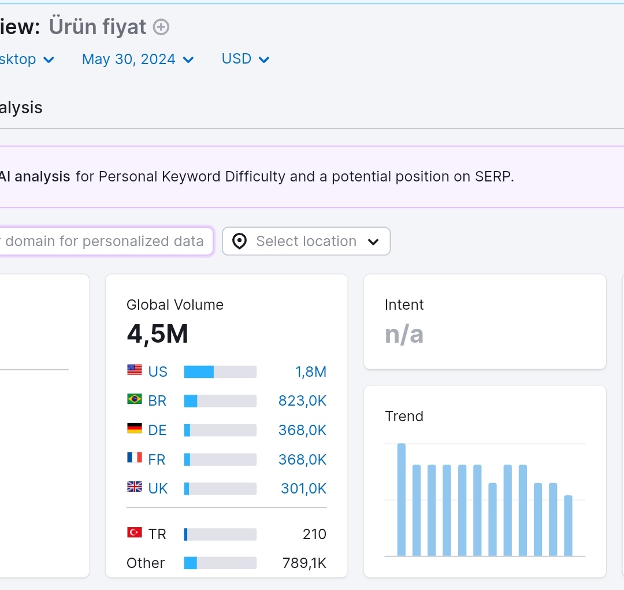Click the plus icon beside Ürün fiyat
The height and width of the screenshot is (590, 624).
pos(161,27)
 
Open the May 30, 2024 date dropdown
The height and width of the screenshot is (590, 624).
pos(138,60)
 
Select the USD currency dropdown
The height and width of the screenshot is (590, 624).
pos(245,59)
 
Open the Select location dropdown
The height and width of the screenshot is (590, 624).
pos(306,241)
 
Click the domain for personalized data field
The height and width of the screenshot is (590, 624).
pos(106,241)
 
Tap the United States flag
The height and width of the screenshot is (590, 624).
pos(135,370)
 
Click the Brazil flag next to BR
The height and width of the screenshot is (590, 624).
pos(135,399)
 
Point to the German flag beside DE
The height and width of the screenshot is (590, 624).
pos(135,428)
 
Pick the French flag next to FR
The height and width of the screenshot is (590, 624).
pos(135,458)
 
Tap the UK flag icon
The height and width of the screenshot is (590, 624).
pos(135,487)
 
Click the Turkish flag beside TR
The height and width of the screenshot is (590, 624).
pos(135,532)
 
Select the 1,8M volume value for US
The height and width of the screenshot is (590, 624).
pos(311,372)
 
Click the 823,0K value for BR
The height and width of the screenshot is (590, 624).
pos(302,401)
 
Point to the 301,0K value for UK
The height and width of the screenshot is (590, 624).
pos(304,488)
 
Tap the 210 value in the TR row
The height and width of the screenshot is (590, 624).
pos(314,535)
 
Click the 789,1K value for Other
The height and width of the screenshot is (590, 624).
pos(304,563)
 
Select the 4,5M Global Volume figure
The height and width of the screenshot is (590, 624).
pos(158,334)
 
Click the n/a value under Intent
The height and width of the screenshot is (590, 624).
pos(404,334)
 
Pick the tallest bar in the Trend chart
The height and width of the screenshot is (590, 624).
pos(402,500)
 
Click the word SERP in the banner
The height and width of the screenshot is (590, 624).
pos(492,176)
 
